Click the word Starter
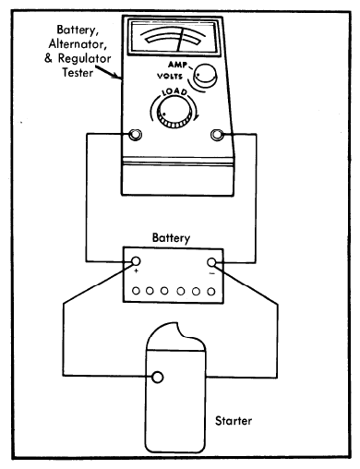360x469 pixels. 234,421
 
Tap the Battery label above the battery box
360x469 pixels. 171,238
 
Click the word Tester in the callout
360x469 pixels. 78,73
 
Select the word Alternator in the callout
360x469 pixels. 78,44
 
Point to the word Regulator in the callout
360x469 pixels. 84,58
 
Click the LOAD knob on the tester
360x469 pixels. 173,112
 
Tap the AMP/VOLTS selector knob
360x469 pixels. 205,75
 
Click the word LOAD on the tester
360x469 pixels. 174,92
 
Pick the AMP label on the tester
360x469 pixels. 177,65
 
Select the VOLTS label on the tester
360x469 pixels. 170,76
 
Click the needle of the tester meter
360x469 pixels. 180,41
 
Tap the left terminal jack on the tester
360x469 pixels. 135,135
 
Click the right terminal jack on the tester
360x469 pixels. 217,135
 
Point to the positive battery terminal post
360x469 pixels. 136,261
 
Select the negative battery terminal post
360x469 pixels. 211,262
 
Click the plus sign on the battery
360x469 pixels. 137,271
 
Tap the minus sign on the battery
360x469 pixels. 211,273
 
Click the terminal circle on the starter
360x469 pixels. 158,377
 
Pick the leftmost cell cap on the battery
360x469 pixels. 136,291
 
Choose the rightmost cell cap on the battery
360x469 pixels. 211,291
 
